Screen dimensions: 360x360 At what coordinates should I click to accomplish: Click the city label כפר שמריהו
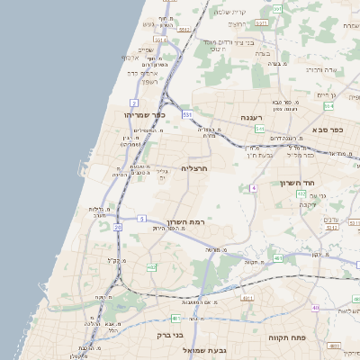pos(148,115)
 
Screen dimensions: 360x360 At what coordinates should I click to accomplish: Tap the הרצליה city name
pos(194,168)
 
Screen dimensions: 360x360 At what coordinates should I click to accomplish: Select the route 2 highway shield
pos(134,103)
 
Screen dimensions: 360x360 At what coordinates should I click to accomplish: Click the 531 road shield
pos(186,114)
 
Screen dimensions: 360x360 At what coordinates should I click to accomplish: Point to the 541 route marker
pos(259,130)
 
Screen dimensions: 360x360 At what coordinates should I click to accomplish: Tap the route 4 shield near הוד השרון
pos(255,188)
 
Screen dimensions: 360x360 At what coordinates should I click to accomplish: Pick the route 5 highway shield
pos(141,219)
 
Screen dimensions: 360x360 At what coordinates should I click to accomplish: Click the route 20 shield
pos(117,227)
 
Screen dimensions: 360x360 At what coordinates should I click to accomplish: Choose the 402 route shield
pos(150,267)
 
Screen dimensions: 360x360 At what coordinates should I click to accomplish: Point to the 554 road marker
pos(329,105)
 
